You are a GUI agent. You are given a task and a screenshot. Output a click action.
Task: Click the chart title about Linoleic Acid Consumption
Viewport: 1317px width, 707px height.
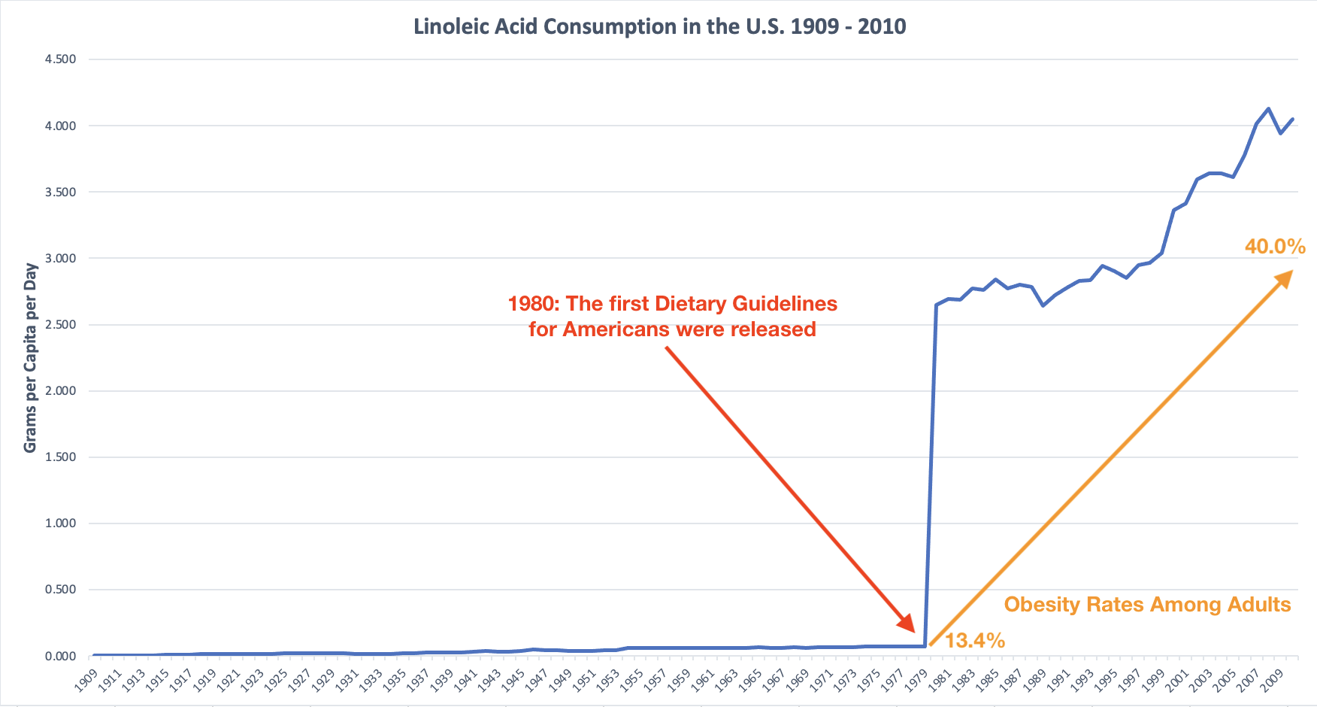(659, 26)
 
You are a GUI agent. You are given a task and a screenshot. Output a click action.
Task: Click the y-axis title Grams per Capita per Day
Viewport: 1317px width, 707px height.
(30, 358)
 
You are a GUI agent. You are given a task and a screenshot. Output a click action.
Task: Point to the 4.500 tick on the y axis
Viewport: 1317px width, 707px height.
(61, 59)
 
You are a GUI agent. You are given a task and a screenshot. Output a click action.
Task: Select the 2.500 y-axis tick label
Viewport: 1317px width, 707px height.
(61, 325)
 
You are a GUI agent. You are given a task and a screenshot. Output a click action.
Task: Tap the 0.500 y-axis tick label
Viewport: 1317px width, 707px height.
(61, 590)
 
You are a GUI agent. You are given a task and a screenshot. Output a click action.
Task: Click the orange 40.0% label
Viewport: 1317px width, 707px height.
(1275, 247)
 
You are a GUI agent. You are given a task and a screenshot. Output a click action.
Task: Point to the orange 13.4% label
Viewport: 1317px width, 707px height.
(974, 641)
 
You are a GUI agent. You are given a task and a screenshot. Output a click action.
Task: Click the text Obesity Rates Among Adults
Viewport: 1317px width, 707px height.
(1147, 605)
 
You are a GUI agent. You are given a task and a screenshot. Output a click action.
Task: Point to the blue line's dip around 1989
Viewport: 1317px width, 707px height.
(1043, 305)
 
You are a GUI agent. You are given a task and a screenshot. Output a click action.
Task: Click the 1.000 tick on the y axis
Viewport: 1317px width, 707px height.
(61, 523)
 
